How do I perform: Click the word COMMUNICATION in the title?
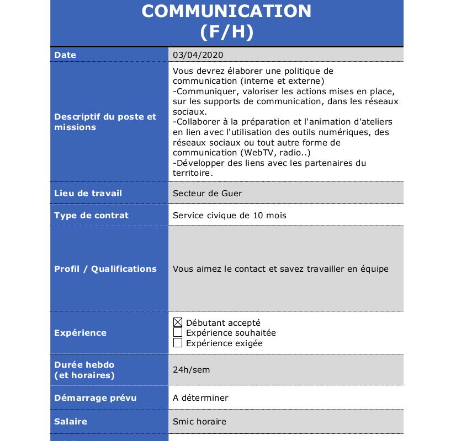tap(226, 11)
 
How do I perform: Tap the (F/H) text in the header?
tap(226, 32)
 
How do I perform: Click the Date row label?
tap(65, 55)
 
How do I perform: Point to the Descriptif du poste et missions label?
tap(105, 122)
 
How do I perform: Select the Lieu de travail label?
tap(88, 193)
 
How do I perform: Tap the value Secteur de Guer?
tap(207, 193)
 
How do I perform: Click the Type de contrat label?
tap(91, 216)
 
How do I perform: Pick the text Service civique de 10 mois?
tap(229, 216)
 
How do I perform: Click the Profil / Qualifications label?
tap(105, 269)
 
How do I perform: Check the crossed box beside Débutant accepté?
tap(178, 322)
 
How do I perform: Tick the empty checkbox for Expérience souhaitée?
tap(178, 332)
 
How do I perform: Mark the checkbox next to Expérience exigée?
tap(178, 343)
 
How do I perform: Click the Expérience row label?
tap(80, 333)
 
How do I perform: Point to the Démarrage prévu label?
tap(95, 398)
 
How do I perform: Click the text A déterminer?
tap(200, 398)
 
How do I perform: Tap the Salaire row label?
tap(71, 422)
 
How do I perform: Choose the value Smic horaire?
tap(199, 422)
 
